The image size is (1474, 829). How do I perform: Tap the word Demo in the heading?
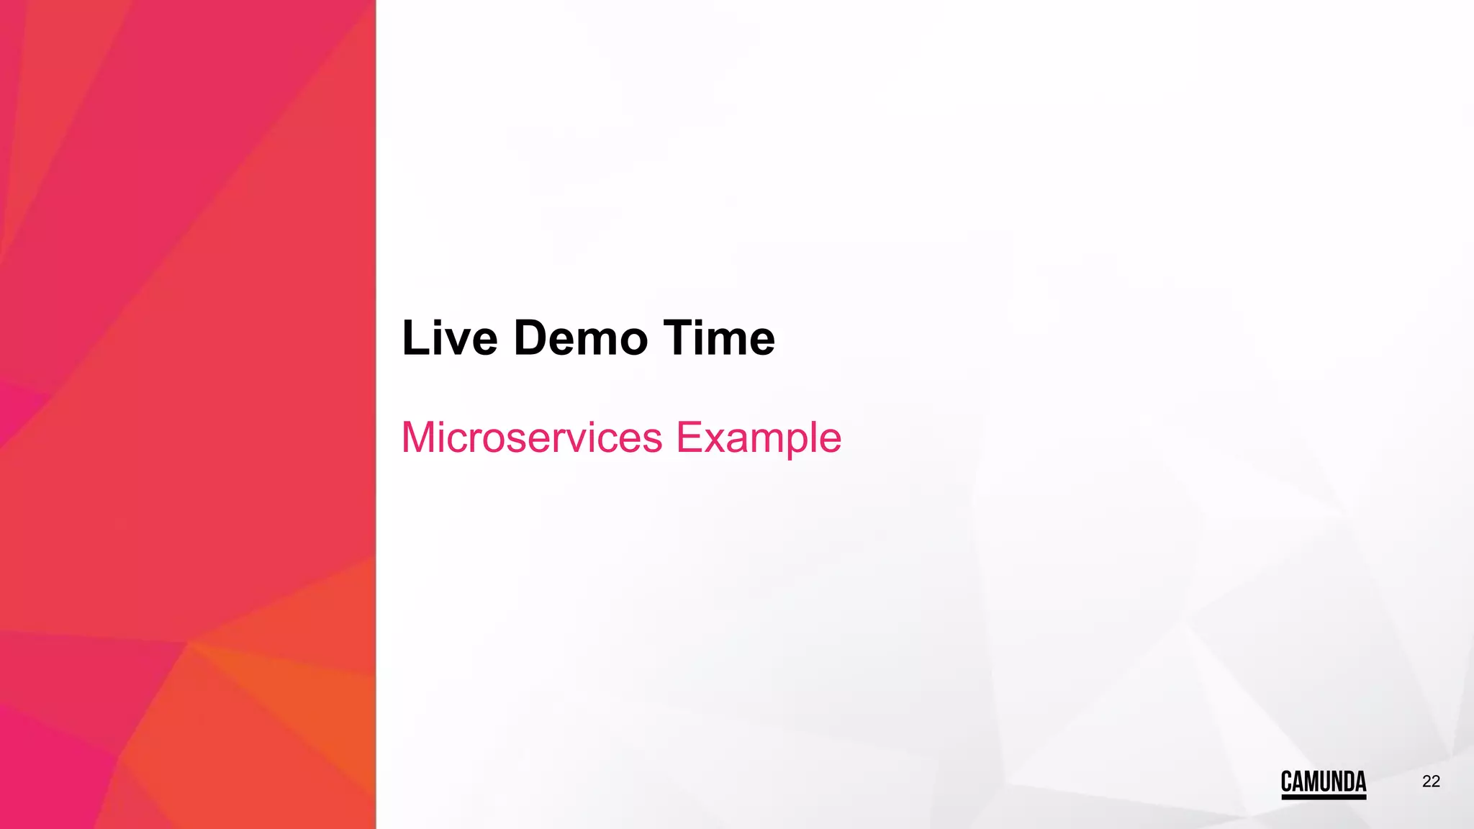(x=580, y=338)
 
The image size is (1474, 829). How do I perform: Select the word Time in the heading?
(x=719, y=338)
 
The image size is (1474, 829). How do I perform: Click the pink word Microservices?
(x=531, y=438)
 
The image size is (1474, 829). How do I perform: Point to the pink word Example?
(x=759, y=438)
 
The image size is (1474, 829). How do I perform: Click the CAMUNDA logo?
(x=1323, y=782)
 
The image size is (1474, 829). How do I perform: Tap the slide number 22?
(x=1431, y=782)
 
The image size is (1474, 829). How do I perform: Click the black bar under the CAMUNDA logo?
(x=1323, y=797)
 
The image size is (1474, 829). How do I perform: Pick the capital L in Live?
(x=414, y=338)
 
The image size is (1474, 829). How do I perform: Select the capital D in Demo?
(x=533, y=338)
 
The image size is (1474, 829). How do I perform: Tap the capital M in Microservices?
(x=418, y=438)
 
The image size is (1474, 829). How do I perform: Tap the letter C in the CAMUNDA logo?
(x=1287, y=782)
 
